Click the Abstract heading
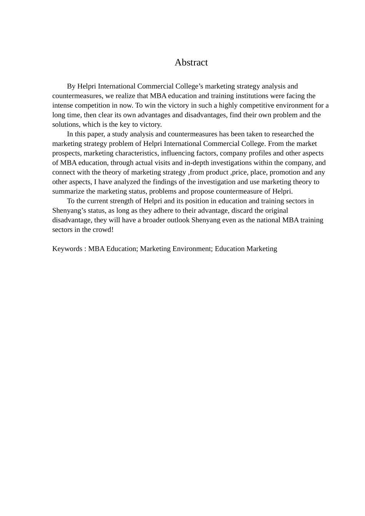[191, 63]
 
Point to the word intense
[62, 106]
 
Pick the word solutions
[66, 125]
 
